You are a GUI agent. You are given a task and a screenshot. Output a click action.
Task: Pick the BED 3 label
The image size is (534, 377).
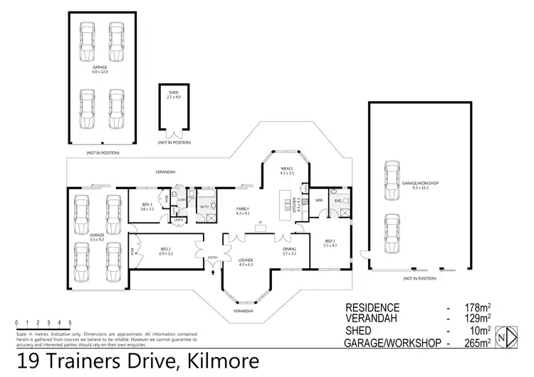(147, 207)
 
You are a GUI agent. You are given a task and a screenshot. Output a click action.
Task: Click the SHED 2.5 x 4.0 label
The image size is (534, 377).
(174, 95)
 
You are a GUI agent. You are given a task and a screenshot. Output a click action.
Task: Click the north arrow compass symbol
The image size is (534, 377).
(505, 336)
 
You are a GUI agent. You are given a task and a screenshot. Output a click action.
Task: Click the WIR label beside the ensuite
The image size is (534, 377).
(318, 201)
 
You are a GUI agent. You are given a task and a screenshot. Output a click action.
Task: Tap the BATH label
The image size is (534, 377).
(204, 207)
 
